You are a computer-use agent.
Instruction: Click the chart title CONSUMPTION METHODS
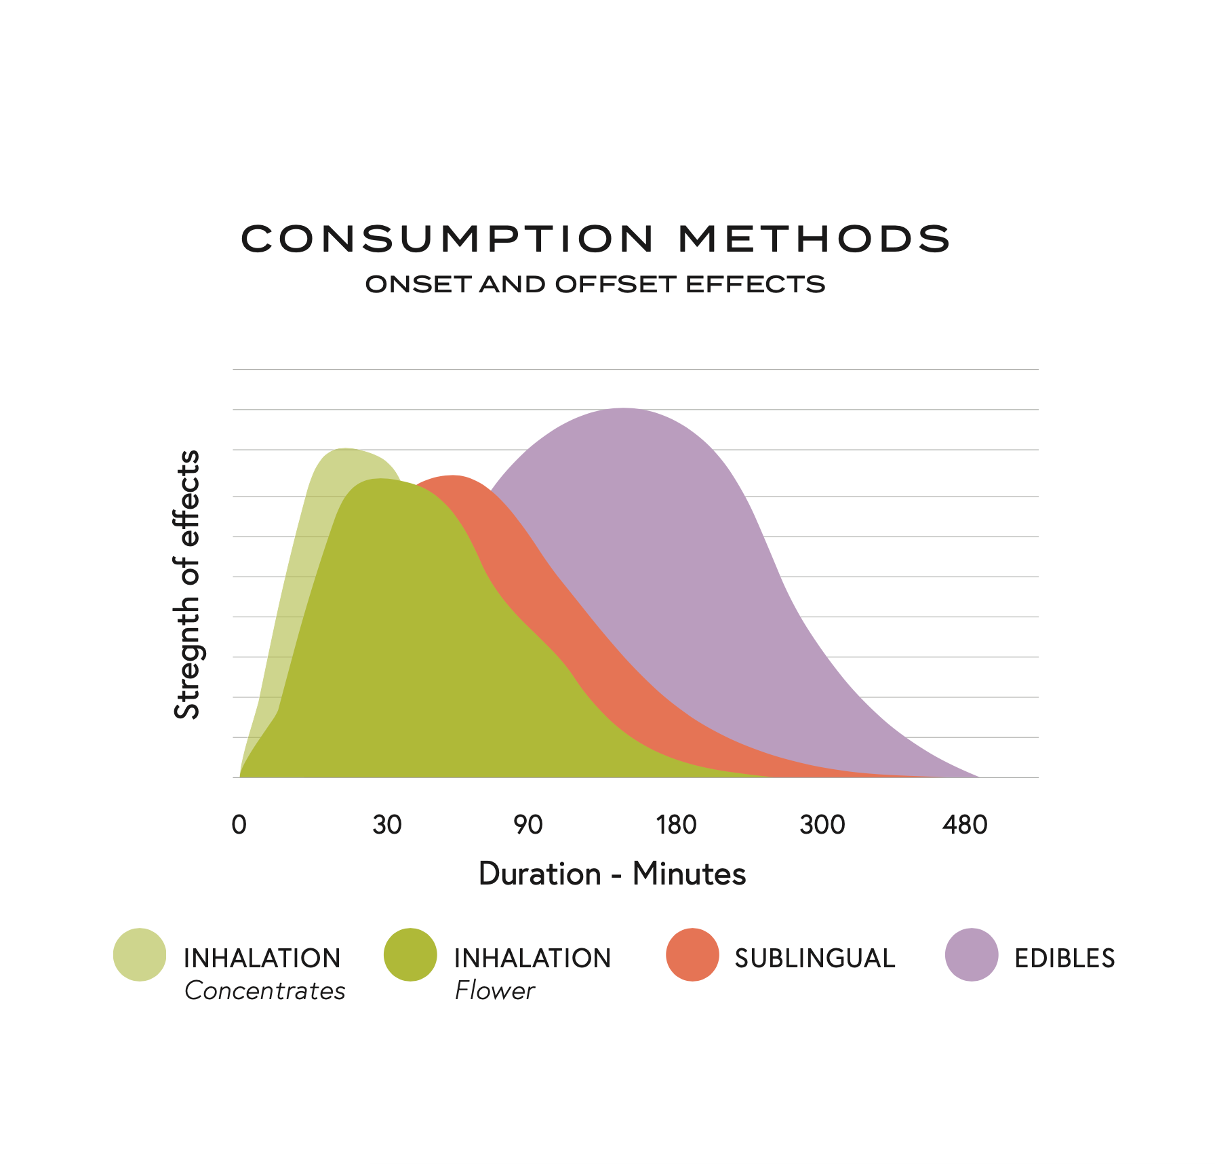click(595, 239)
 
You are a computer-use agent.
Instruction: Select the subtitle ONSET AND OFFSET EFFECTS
click(595, 284)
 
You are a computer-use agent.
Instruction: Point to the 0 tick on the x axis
click(239, 825)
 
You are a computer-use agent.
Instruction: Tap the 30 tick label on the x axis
click(387, 825)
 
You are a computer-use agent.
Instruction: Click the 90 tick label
click(527, 825)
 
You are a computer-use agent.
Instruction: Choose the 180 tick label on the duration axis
click(676, 825)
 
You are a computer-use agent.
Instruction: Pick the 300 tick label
click(822, 825)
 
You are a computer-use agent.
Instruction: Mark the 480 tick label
click(964, 825)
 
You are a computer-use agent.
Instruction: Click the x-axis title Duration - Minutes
click(612, 874)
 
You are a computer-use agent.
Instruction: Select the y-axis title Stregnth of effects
click(187, 584)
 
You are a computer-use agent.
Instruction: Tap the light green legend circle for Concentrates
click(140, 954)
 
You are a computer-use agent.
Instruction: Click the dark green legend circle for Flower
click(410, 954)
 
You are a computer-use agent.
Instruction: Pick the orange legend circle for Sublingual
click(692, 954)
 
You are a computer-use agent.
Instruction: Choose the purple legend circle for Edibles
click(972, 954)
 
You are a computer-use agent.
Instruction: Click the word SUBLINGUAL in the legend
click(814, 958)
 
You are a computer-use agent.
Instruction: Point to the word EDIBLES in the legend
click(1064, 958)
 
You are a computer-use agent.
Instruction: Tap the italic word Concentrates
click(264, 991)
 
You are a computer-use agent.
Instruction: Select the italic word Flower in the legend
click(494, 991)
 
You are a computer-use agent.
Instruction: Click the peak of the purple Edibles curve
click(624, 409)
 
